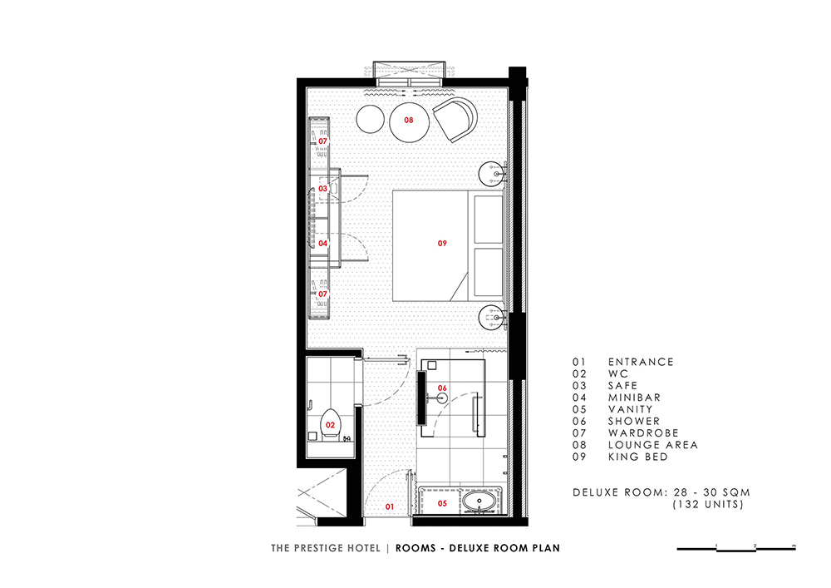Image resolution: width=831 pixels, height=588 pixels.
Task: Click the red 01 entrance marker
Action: [x=390, y=506]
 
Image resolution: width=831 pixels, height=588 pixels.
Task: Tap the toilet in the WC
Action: [x=330, y=423]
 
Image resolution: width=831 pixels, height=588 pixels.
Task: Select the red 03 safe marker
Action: [x=322, y=188]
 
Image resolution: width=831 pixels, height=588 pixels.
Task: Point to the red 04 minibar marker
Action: [x=322, y=244]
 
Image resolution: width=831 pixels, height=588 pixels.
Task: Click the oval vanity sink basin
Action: [x=479, y=501]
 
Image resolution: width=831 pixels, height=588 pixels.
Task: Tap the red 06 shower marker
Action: [x=442, y=388]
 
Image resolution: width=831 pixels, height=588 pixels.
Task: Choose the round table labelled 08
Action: [x=409, y=122]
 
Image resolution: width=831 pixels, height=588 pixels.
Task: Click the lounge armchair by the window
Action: [x=455, y=119]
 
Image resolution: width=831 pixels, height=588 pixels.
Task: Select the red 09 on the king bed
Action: [x=442, y=243]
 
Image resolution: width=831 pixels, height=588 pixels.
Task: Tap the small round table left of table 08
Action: [x=370, y=119]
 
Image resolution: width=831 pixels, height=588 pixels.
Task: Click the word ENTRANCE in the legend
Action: [x=641, y=362]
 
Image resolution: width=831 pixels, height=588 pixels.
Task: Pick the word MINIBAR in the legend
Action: [x=634, y=397]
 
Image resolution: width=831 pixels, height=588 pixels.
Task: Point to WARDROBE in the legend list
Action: [x=643, y=432]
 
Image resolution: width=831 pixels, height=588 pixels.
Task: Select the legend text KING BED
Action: [x=638, y=457]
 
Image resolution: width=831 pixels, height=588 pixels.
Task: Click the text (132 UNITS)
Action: [x=708, y=504]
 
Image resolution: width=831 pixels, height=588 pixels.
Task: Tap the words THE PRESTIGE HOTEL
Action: [x=326, y=548]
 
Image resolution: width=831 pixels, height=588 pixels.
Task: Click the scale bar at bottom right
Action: [x=736, y=549]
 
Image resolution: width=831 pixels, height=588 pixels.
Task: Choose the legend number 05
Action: [x=579, y=409]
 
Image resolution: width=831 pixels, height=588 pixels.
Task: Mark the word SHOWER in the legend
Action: [x=634, y=421]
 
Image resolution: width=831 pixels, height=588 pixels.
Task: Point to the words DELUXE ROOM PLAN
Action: [x=504, y=548]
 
